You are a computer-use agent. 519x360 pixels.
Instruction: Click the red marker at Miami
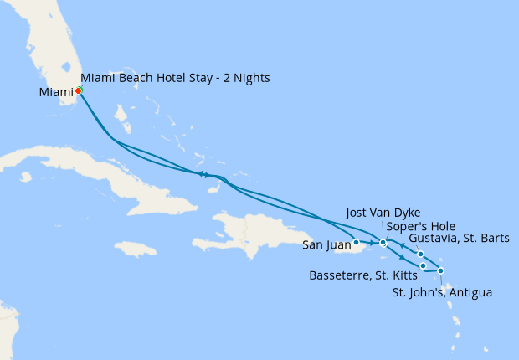point(78,91)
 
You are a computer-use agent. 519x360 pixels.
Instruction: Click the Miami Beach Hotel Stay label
point(175,78)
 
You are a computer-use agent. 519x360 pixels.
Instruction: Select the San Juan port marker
point(357,242)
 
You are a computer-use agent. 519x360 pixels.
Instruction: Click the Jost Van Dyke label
point(383,213)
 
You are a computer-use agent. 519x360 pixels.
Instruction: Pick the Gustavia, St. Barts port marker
point(420,254)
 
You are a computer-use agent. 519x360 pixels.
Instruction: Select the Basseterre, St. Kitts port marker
point(424,266)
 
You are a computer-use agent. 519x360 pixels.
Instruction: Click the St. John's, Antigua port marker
point(440,270)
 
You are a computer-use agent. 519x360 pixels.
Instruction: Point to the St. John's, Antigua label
point(442,293)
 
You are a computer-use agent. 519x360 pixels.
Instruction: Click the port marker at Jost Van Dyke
point(383,243)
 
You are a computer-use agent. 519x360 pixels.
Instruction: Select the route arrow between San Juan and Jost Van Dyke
point(369,242)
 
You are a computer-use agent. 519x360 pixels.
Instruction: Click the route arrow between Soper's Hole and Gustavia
point(403,245)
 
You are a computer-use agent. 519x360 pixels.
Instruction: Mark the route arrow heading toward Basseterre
point(403,258)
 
